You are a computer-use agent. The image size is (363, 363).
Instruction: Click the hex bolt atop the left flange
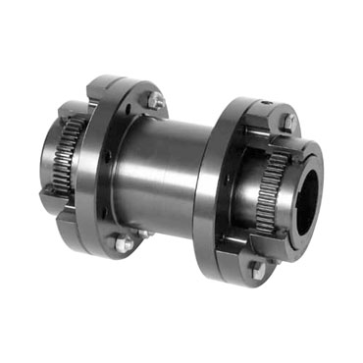pos(156,100)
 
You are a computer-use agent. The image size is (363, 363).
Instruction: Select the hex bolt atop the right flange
pos(287,122)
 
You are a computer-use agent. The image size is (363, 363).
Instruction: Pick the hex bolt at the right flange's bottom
pos(257,268)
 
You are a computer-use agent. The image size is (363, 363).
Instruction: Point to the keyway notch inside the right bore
pos(316,169)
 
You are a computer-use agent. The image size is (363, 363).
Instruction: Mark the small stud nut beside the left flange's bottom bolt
pos(140,233)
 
